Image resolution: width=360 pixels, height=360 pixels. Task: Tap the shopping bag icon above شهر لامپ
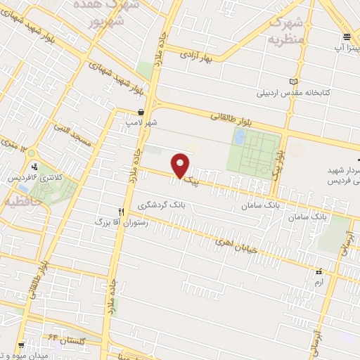141,112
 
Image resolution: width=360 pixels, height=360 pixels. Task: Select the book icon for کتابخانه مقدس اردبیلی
303,82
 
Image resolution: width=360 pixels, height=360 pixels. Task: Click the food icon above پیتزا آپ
347,37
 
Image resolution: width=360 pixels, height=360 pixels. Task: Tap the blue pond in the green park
240,139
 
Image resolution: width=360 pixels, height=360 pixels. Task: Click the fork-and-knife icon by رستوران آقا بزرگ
121,212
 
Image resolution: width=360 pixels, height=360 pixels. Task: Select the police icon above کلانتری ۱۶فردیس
36,167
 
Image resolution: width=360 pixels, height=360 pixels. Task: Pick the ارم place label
319,282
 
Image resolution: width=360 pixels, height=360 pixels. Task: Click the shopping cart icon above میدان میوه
22,345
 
